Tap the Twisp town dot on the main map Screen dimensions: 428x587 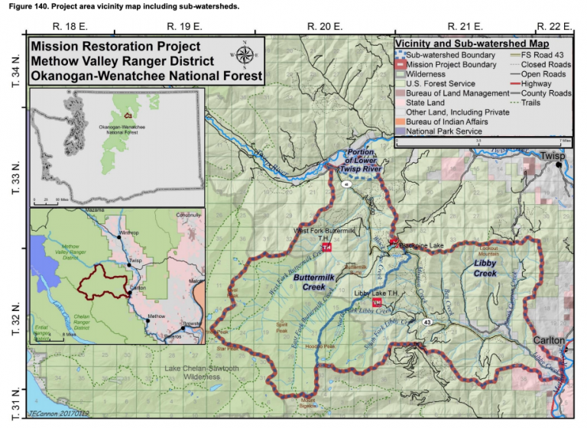559,164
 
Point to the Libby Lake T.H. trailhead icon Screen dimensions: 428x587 376,302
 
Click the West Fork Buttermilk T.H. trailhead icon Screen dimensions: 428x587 326,248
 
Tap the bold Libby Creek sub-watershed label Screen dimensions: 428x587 485,267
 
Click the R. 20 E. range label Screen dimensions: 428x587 323,26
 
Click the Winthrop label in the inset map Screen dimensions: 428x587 130,233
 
